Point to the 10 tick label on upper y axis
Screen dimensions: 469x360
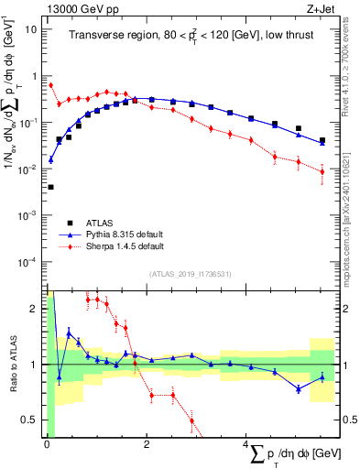31,27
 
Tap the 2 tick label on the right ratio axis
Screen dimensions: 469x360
348,309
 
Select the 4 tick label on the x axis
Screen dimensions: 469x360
245,444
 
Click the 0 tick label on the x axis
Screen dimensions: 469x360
46,444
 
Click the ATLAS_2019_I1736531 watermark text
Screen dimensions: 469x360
191,274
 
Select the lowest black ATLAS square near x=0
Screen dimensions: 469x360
50,187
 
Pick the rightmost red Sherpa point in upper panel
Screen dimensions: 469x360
322,170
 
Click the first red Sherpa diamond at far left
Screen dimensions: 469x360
50,85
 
